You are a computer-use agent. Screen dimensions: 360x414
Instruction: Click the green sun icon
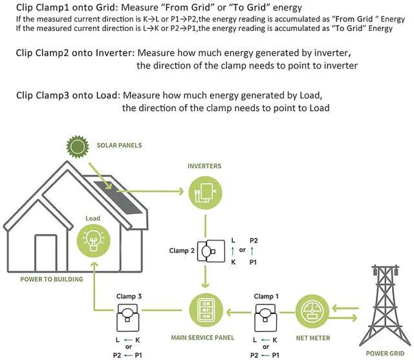78,147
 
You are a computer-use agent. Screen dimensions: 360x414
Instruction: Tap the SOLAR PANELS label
119,145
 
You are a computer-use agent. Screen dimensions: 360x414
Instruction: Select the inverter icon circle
204,193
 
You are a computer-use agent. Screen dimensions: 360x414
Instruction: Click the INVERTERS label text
204,166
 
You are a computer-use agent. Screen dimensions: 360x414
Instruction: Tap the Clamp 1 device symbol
266,317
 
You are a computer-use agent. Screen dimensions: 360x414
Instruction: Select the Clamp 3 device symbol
129,317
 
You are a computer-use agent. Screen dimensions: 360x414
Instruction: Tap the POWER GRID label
386,352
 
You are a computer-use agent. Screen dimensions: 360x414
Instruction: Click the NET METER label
314,338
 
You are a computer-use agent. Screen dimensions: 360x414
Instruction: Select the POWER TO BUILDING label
51,279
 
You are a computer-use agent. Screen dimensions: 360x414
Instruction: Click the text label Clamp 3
129,296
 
